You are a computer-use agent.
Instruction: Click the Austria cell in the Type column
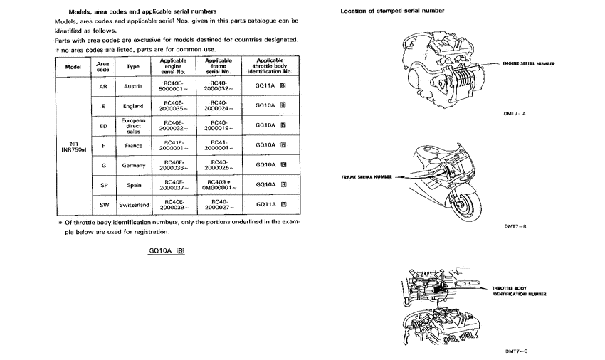click(133, 86)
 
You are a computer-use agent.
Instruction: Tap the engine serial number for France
click(174, 145)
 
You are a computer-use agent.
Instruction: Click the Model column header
click(73, 66)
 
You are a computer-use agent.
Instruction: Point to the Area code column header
click(102, 66)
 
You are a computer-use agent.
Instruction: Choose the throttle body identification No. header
click(270, 66)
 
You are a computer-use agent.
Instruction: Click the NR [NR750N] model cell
click(73, 146)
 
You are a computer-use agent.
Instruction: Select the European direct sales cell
click(133, 126)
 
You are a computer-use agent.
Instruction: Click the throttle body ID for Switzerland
click(270, 205)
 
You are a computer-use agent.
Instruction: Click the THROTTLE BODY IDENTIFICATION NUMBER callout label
click(518, 290)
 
